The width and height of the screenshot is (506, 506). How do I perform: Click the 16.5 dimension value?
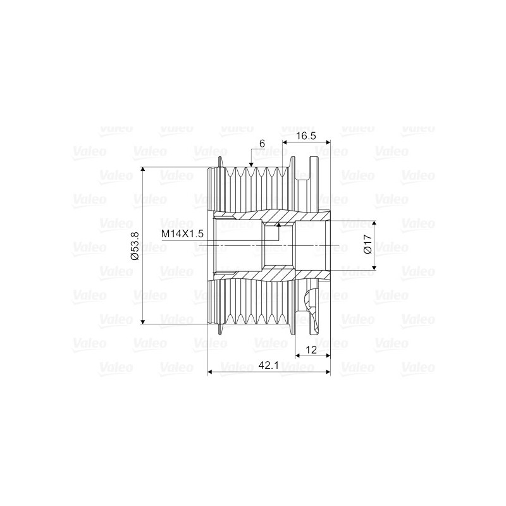click(x=305, y=136)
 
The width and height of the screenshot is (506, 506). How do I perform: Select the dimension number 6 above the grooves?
click(x=261, y=144)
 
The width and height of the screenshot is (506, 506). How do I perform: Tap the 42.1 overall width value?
click(x=269, y=366)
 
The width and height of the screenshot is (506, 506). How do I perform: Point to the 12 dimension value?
click(x=311, y=350)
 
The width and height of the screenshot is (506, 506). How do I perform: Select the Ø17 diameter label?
click(x=368, y=245)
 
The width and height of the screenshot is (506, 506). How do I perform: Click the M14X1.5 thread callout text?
click(x=182, y=234)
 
